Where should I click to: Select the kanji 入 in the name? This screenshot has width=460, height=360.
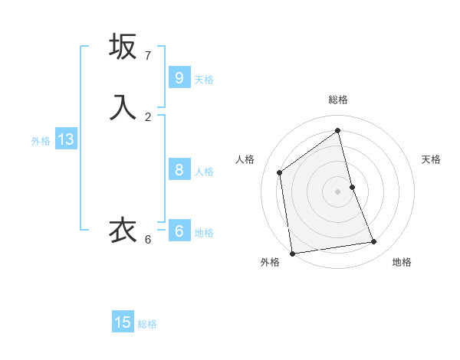pyautogui.click(x=123, y=107)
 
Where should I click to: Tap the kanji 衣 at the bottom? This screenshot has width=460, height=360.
pyautogui.click(x=123, y=230)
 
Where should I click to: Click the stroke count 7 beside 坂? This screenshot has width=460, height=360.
pyautogui.click(x=148, y=56)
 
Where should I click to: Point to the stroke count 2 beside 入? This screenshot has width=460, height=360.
pyautogui.click(x=148, y=117)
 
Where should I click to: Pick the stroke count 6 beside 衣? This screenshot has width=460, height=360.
pyautogui.click(x=148, y=240)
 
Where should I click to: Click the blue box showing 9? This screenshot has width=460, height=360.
pyautogui.click(x=179, y=77)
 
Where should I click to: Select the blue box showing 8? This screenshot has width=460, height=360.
pyautogui.click(x=179, y=169)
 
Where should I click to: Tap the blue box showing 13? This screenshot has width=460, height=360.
pyautogui.click(x=65, y=139)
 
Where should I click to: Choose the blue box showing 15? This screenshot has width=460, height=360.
pyautogui.click(x=123, y=322)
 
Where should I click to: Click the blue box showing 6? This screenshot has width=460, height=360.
pyautogui.click(x=179, y=231)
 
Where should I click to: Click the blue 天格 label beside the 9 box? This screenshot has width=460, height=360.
pyautogui.click(x=204, y=80)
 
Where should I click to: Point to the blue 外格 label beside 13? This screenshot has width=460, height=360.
pyautogui.click(x=41, y=141)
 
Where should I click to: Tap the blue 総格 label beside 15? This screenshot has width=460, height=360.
pyautogui.click(x=147, y=324)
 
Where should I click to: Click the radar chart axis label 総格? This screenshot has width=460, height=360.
pyautogui.click(x=338, y=100)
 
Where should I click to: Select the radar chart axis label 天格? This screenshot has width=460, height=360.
pyautogui.click(x=431, y=159)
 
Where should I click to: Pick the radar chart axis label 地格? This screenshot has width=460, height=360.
pyautogui.click(x=402, y=262)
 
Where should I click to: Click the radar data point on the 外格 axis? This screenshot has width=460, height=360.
pyautogui.click(x=292, y=254)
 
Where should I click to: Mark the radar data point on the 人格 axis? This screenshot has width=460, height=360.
pyautogui.click(x=280, y=172)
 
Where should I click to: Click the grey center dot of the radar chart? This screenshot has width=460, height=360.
pyautogui.click(x=338, y=191)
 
